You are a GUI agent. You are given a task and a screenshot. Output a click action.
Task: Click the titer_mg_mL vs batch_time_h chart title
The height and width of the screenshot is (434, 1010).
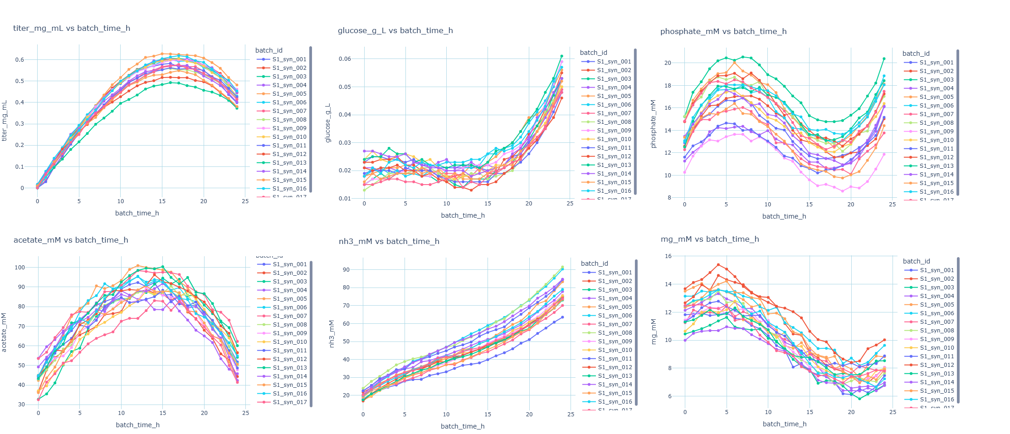pos(72,28)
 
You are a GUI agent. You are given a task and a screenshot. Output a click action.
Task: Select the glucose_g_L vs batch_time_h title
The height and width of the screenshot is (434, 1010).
pos(395,30)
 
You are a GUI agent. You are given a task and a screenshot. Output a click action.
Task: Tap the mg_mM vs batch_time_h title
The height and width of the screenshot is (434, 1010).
pos(709,239)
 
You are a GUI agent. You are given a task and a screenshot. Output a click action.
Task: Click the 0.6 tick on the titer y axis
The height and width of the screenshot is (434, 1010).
pos(20,59)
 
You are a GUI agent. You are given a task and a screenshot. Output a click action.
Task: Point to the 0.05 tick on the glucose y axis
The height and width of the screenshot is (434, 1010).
pos(345,87)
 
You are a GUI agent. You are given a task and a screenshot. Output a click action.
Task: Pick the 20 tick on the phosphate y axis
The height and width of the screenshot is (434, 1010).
pos(668,63)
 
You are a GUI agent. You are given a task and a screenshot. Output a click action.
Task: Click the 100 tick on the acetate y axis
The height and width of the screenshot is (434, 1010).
pos(20,267)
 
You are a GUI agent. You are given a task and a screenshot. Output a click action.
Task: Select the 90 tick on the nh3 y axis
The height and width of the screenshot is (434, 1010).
pos(346,269)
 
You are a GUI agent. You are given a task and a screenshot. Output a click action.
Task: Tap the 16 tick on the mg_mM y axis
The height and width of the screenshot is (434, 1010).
pos(668,256)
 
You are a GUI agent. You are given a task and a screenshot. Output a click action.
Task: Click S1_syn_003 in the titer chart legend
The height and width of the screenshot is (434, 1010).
pos(289,77)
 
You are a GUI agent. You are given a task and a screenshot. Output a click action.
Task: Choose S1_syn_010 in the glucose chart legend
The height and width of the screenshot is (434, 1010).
pos(614,139)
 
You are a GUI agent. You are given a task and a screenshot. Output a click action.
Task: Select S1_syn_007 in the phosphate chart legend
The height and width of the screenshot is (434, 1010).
pos(937,114)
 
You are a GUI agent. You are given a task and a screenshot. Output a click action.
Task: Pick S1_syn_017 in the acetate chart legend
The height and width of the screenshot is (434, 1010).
pos(290,402)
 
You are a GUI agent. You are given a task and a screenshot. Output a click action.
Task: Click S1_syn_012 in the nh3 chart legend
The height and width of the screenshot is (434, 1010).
pos(615,367)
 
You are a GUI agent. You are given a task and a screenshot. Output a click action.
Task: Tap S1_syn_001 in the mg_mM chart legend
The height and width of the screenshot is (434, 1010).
pos(937,270)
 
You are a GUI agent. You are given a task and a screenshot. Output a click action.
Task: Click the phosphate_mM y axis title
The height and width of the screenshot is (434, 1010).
pos(653,124)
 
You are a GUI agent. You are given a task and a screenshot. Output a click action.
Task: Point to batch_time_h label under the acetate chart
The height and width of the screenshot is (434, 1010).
pos(137,425)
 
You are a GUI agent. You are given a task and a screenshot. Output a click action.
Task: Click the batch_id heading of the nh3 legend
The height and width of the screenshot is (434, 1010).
pos(594,263)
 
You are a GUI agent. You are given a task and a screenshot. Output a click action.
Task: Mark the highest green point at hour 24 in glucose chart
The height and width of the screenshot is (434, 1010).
pos(561,56)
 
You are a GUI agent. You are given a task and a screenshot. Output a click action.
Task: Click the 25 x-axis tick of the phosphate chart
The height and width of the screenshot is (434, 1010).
pos(892,205)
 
